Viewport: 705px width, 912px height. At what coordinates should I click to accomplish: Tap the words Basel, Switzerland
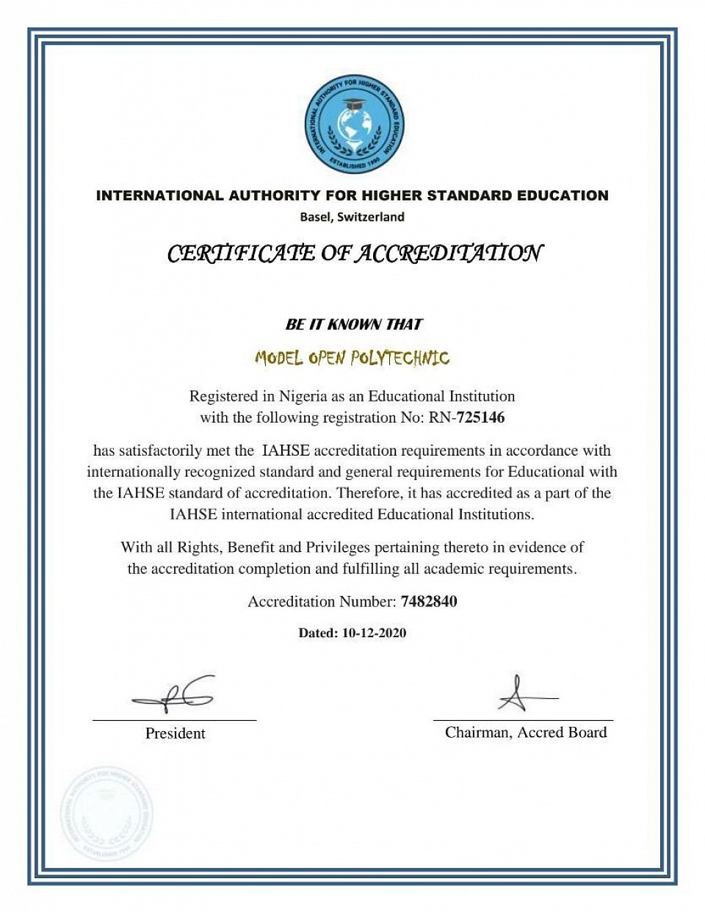[x=352, y=217]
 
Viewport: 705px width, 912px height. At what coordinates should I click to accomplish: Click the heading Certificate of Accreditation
[x=355, y=254]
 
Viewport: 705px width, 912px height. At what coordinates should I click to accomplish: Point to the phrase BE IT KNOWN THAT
[x=354, y=324]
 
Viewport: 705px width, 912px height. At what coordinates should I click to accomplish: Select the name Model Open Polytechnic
[x=352, y=359]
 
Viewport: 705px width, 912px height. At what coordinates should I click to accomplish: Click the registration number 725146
[x=480, y=418]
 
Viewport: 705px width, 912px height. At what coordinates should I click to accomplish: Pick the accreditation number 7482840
[x=429, y=602]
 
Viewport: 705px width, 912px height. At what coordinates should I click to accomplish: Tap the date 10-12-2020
[x=374, y=633]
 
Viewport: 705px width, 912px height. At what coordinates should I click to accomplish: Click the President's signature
[x=175, y=694]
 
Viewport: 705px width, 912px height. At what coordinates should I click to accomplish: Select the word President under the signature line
[x=176, y=733]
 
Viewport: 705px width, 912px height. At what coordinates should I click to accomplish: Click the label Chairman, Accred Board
[x=526, y=732]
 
